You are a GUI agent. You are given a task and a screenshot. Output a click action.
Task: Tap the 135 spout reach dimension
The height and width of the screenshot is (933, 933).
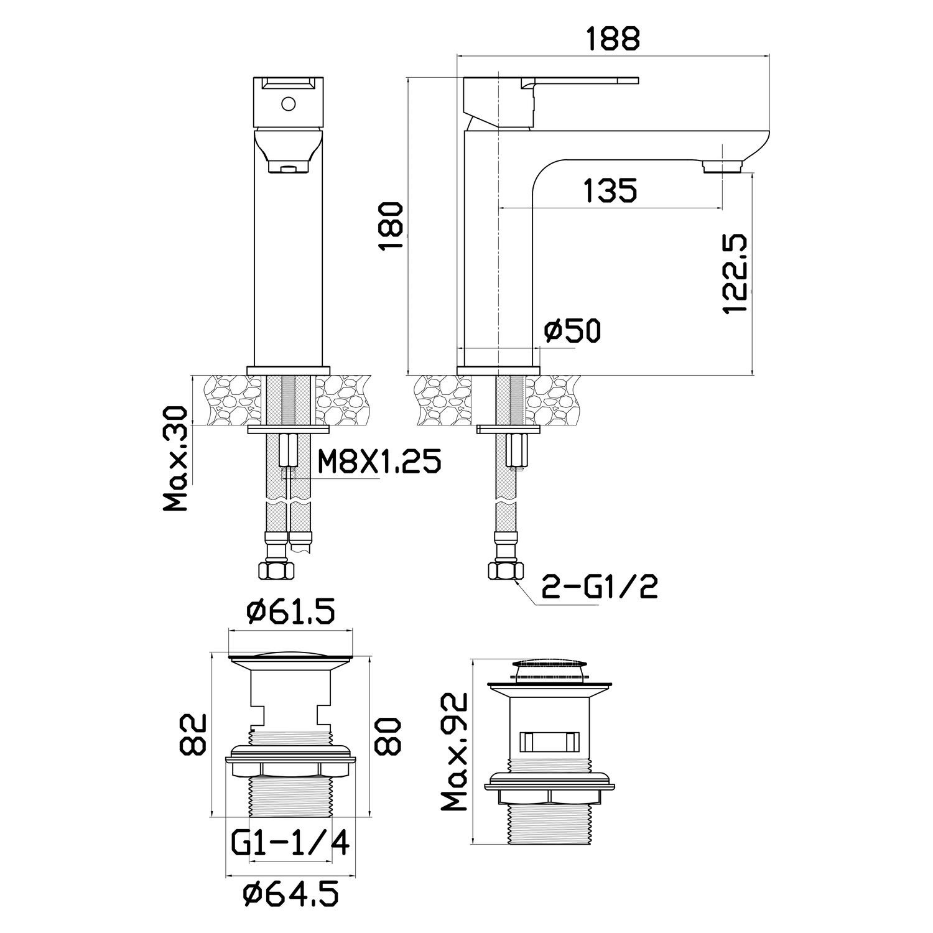(611, 190)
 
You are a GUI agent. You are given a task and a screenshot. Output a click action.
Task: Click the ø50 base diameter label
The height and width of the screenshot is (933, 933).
(572, 331)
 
